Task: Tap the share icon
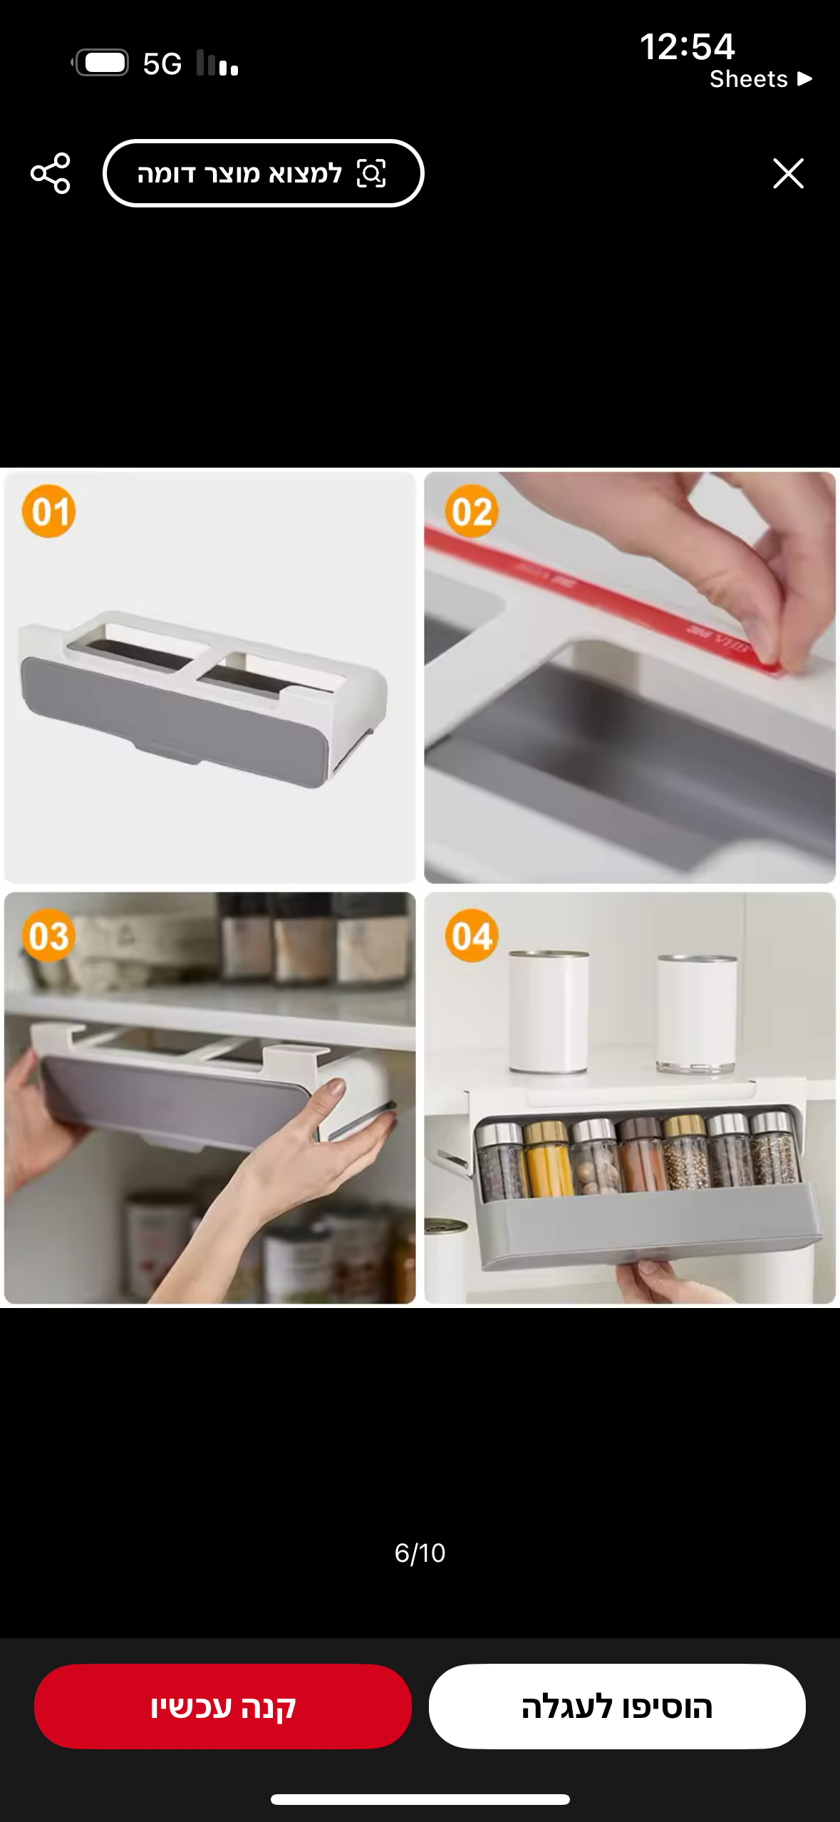[x=51, y=173]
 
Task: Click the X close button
[x=788, y=173]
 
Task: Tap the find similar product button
[x=264, y=173]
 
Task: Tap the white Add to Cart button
[x=617, y=1706]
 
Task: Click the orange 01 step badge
[x=48, y=511]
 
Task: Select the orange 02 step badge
[x=472, y=511]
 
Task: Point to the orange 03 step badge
[x=48, y=935]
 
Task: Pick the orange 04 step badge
[x=472, y=935]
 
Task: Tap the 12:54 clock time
[x=687, y=46]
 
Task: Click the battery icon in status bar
[x=101, y=63]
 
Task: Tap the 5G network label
[x=162, y=64]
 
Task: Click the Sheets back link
[x=760, y=78]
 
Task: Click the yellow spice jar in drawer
[x=547, y=1158]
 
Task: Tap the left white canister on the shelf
[x=549, y=1012]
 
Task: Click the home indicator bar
[x=420, y=1799]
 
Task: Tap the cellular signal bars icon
[x=217, y=63]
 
